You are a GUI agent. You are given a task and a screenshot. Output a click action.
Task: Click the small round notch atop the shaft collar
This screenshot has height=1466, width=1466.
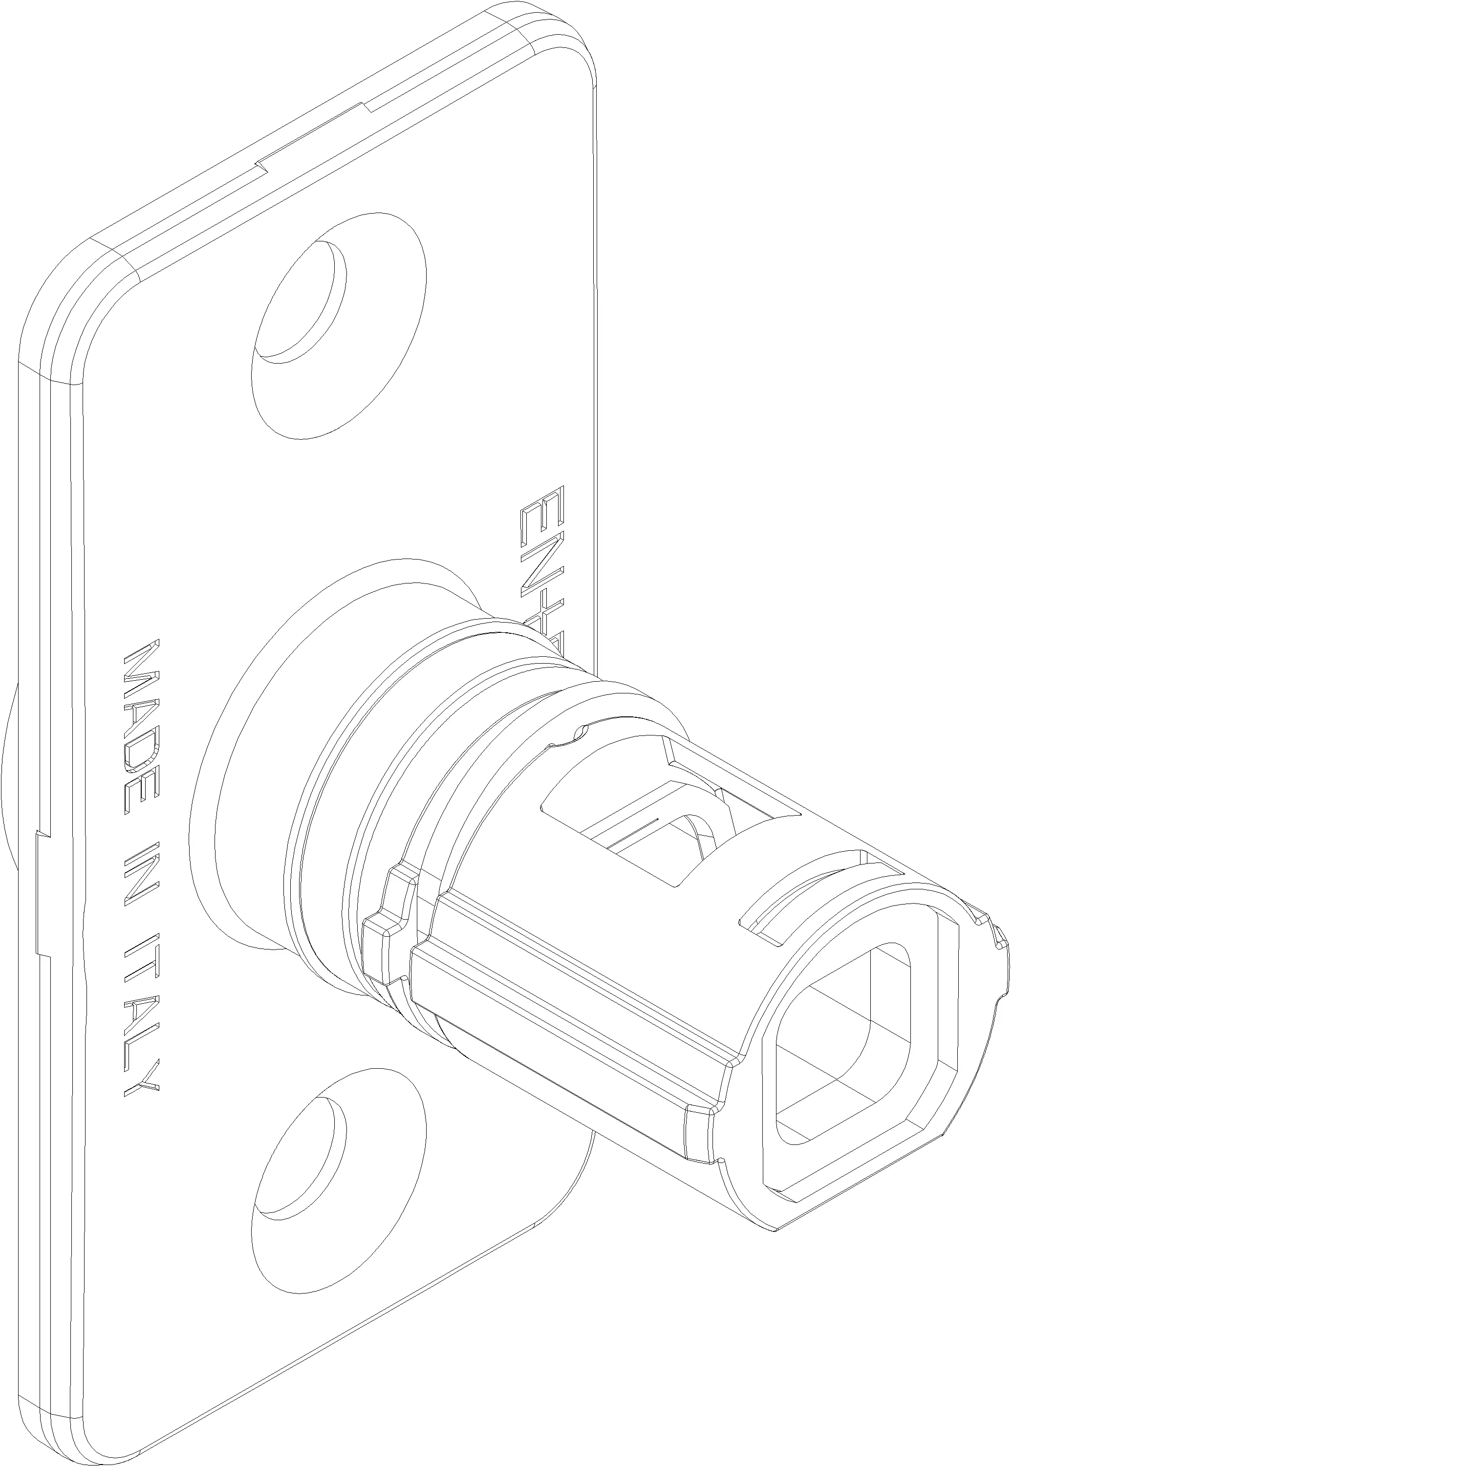tap(581, 732)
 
